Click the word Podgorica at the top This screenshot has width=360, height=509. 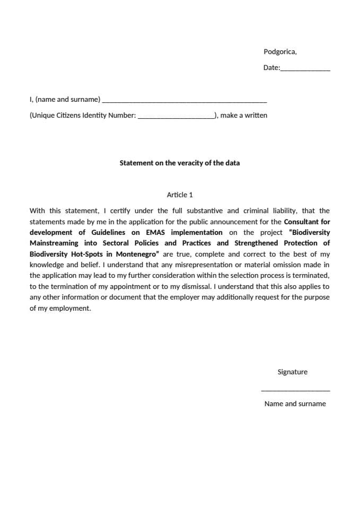coord(279,52)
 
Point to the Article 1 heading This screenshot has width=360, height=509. coord(180,195)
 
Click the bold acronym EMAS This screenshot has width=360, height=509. coord(156,233)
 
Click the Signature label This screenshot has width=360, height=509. coord(292,372)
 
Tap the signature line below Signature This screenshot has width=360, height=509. coord(295,390)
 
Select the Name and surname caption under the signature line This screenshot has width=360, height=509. coord(295,404)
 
